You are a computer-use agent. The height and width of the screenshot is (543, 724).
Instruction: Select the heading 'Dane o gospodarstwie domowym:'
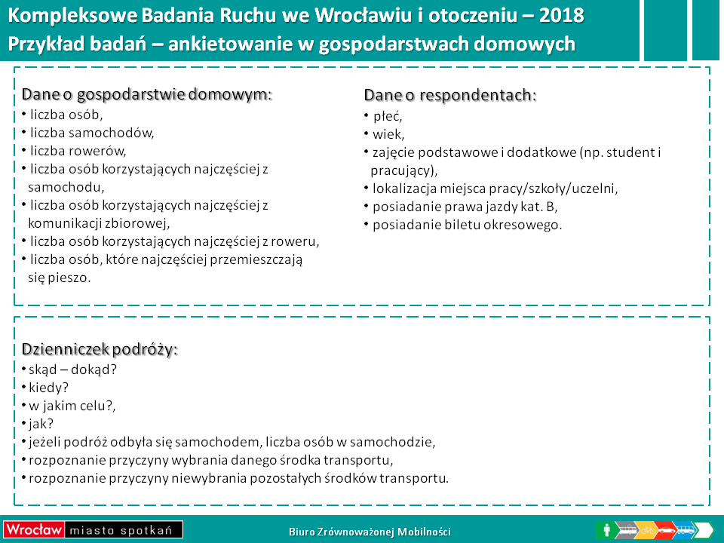(x=147, y=95)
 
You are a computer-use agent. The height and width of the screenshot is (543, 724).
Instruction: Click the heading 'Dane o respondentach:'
(x=450, y=95)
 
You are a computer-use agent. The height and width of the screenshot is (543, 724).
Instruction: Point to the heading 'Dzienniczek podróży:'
(x=100, y=349)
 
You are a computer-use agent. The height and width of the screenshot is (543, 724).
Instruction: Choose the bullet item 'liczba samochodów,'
(x=92, y=133)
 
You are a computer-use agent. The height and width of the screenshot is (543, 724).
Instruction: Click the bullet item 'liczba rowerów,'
(x=78, y=151)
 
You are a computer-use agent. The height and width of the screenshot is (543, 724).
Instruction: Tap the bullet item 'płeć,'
(x=388, y=116)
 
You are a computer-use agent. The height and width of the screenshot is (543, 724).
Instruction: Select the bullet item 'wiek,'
(x=388, y=134)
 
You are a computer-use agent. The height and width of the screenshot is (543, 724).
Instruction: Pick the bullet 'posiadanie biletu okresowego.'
(x=468, y=225)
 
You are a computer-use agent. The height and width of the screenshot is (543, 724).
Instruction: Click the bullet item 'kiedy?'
(x=48, y=388)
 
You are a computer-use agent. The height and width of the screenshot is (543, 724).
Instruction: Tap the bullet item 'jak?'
(x=41, y=424)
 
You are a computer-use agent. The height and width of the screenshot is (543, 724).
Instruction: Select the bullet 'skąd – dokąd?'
(x=73, y=370)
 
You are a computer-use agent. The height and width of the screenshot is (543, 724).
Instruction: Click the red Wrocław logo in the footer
(x=33, y=529)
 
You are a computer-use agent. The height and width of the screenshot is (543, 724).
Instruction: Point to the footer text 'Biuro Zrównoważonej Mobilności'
(x=370, y=532)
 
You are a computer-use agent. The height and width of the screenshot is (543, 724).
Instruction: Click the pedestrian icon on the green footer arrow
(x=606, y=529)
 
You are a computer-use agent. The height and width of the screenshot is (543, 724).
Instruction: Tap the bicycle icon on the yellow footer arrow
(x=649, y=530)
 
